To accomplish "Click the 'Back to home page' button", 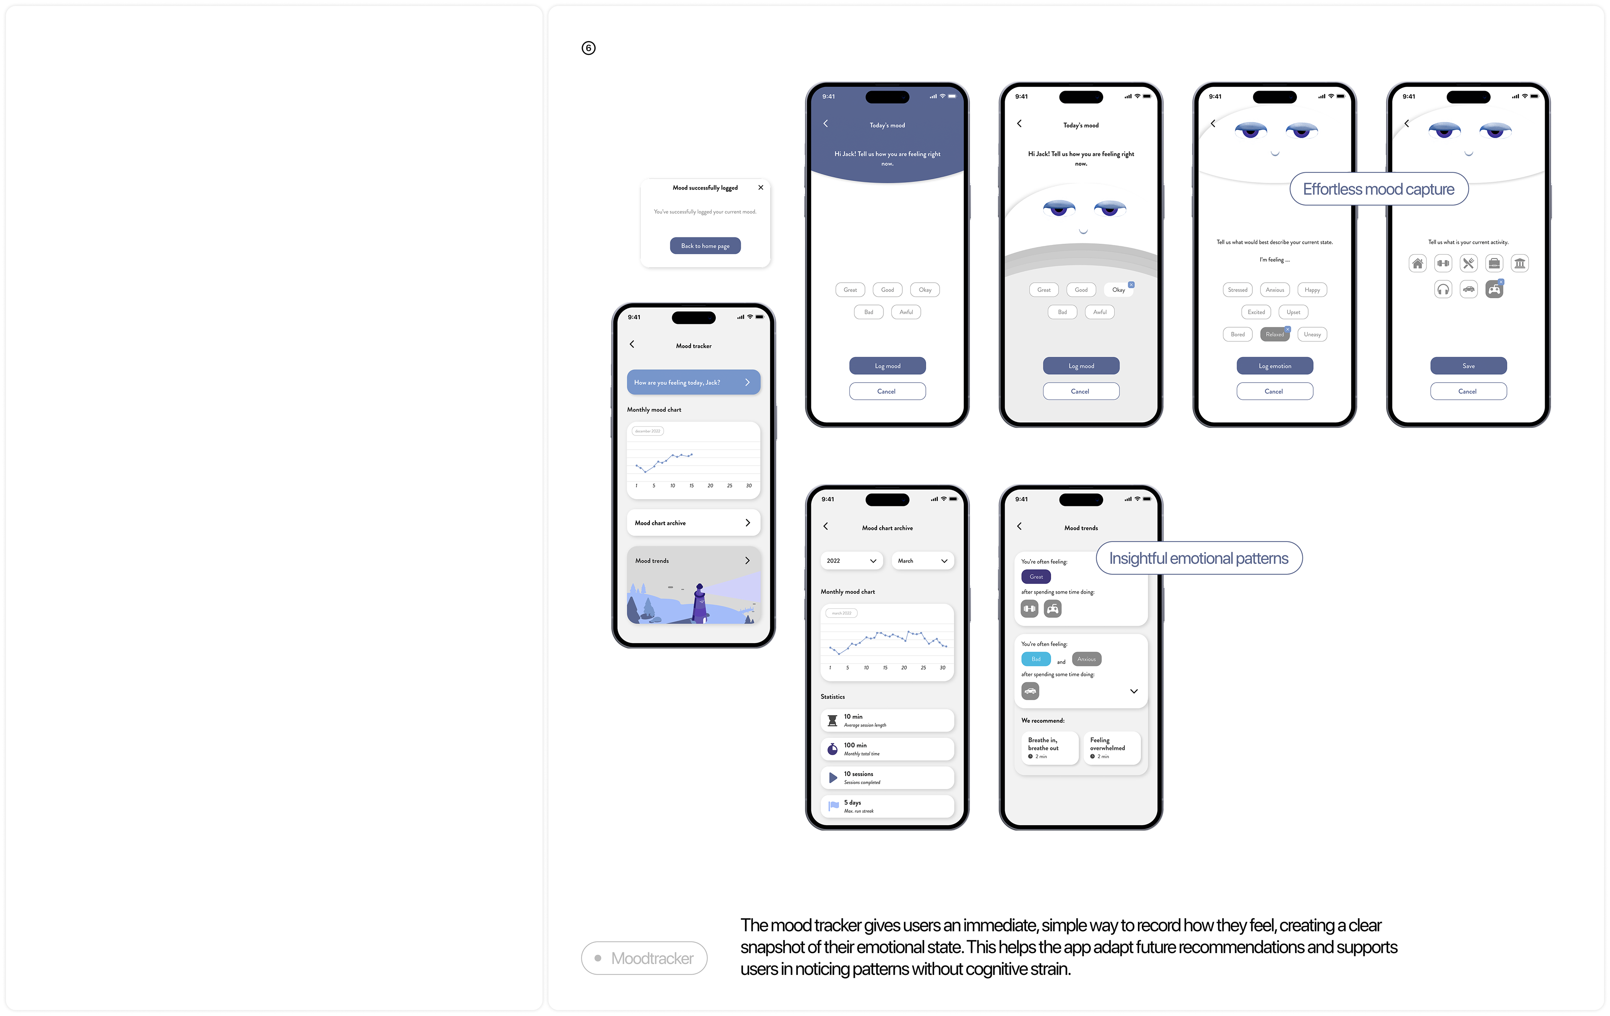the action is click(705, 245).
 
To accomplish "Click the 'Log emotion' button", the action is click(1274, 366).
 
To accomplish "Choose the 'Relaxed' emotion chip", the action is click(1274, 334).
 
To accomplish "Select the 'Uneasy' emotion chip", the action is click(1312, 334).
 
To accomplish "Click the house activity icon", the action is click(1417, 263).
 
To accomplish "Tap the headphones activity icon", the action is click(1443, 289).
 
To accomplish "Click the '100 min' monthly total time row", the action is click(887, 748).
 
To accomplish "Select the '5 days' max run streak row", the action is click(887, 806).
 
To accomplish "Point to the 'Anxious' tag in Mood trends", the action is click(1086, 659).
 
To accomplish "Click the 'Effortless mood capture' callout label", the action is click(1378, 189).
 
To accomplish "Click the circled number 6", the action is click(588, 48).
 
